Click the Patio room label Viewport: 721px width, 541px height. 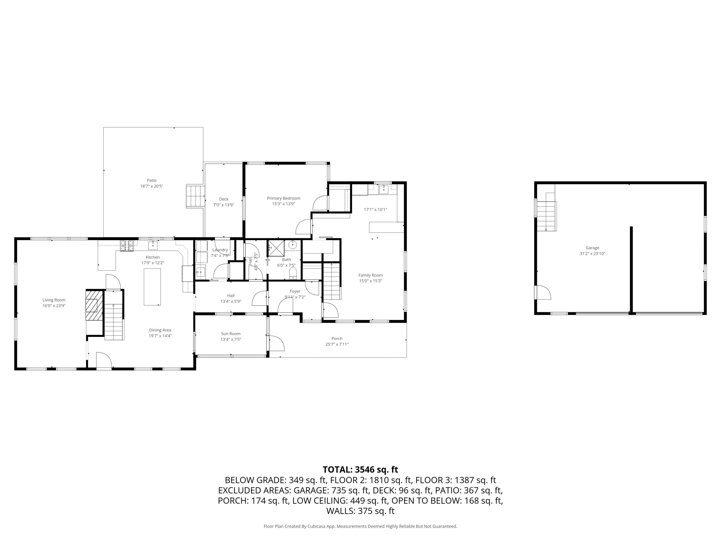[152, 180]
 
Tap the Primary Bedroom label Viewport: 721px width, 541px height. [283, 198]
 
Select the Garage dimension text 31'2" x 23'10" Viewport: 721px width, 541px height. [592, 254]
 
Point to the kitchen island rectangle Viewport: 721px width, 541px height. [152, 287]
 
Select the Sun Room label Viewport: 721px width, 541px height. [230, 333]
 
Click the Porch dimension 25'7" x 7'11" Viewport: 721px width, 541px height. [337, 344]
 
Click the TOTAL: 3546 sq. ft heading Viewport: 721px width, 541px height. [360, 470]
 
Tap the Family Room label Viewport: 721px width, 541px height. [371, 275]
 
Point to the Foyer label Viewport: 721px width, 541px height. [295, 291]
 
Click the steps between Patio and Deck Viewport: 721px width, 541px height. [195, 196]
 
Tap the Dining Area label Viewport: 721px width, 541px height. [160, 330]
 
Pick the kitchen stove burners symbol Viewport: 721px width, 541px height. [127, 245]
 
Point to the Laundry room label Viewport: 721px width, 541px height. [220, 250]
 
